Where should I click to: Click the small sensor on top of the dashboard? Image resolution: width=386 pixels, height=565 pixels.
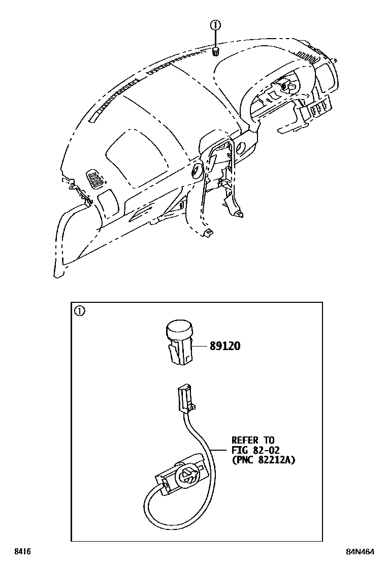(215, 51)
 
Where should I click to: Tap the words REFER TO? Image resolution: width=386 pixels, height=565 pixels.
(252, 440)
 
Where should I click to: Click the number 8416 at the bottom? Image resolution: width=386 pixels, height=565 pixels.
(21, 552)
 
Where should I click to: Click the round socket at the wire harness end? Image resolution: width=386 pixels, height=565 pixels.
(186, 476)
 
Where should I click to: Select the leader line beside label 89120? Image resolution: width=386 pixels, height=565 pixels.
(201, 346)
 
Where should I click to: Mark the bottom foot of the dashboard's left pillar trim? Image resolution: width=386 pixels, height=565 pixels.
(58, 275)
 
